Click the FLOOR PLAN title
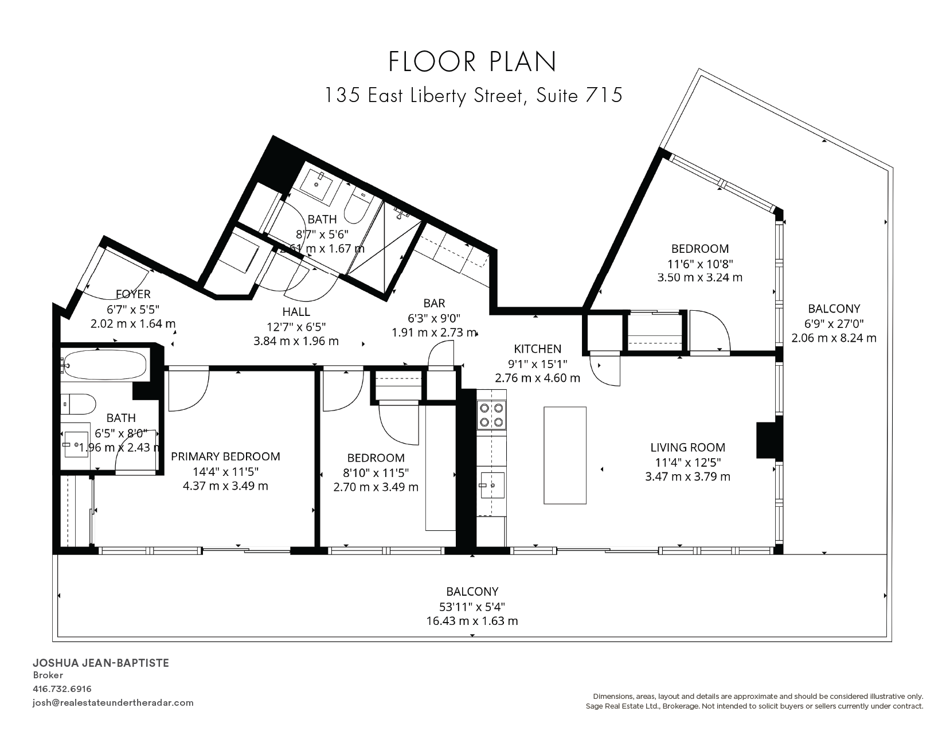pos(472,61)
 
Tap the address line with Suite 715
pos(474,95)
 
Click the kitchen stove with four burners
pos(491,415)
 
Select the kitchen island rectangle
pos(565,455)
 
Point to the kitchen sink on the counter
pos(492,485)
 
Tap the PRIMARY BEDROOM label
pos(225,456)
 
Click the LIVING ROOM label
pos(688,447)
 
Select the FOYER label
pos(133,294)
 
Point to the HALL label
pos(296,312)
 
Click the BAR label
pos(434,303)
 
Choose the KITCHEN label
pos(538,349)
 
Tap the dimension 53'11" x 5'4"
pos(472,607)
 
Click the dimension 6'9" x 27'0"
pos(834,323)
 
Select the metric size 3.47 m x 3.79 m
pos(688,477)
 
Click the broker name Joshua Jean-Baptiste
pos(101,663)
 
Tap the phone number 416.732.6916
pos(62,689)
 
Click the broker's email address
pos(113,703)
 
